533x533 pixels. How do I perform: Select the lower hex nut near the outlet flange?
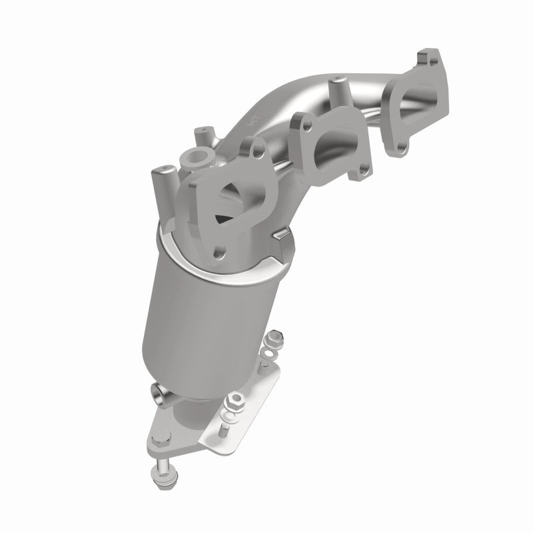tap(236, 402)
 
